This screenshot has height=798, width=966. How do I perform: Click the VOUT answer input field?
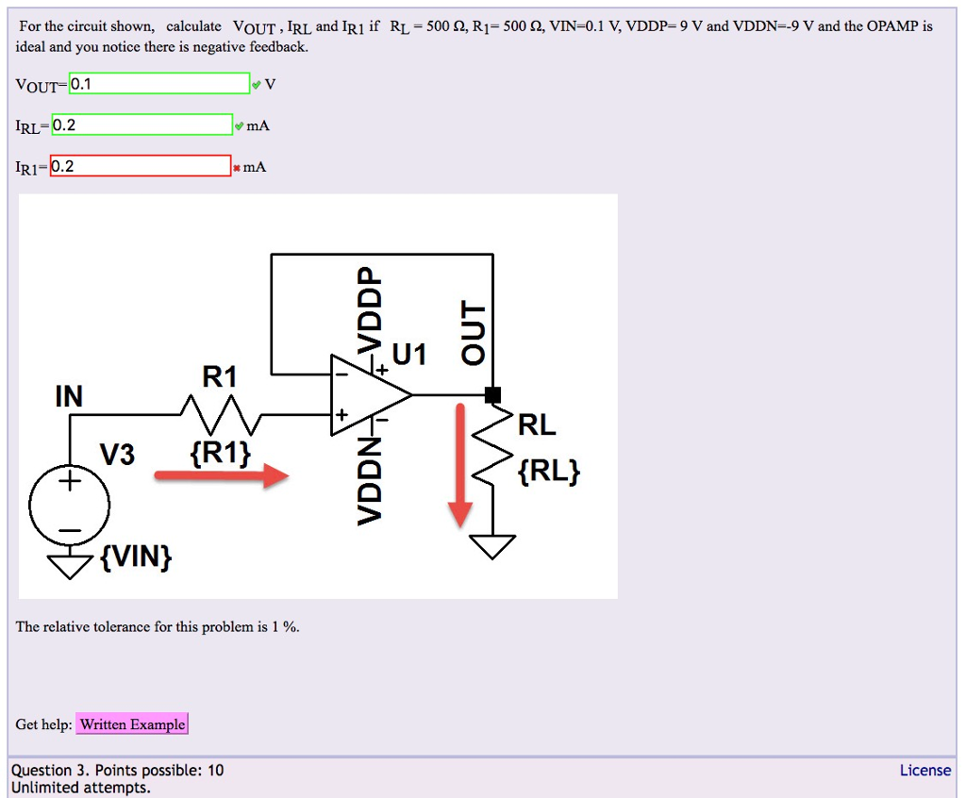pyautogui.click(x=159, y=84)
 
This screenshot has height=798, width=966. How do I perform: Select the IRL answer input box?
pyautogui.click(x=142, y=125)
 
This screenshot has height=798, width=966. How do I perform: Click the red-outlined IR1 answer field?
pyautogui.click(x=141, y=167)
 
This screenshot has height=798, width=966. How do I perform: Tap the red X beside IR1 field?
pyautogui.click(x=238, y=168)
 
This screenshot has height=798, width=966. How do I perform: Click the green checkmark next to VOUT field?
pyautogui.click(x=257, y=85)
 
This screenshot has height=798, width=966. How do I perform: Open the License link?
pyautogui.click(x=924, y=771)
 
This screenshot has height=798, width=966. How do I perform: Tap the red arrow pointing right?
pyautogui.click(x=222, y=476)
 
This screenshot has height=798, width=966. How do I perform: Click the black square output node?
pyautogui.click(x=491, y=394)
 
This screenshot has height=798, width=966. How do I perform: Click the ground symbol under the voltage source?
pyautogui.click(x=68, y=566)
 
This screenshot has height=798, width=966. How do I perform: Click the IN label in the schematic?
pyautogui.click(x=68, y=396)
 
